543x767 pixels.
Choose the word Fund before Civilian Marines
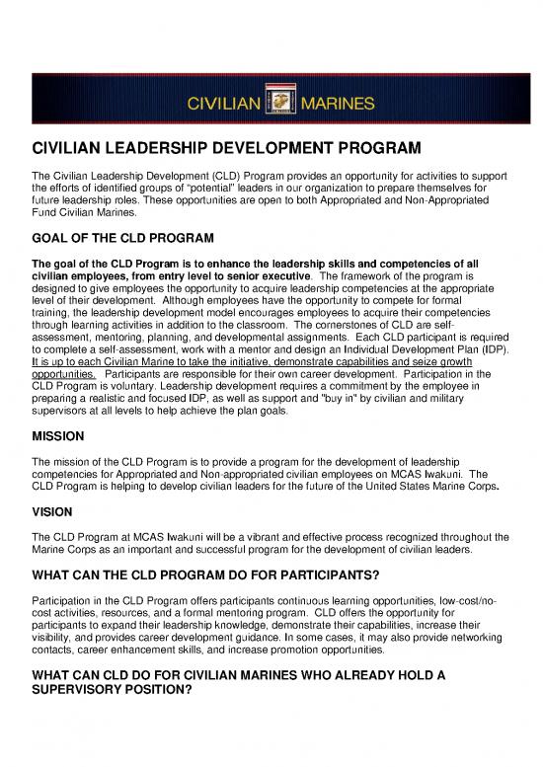click(45, 212)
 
